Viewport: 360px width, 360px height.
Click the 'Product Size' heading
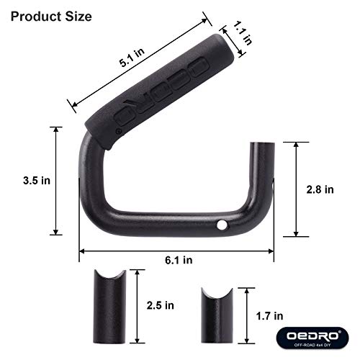click(x=48, y=16)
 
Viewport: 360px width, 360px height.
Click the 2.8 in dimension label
click(x=320, y=190)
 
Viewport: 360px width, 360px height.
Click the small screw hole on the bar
click(x=223, y=227)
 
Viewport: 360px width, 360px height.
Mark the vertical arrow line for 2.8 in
click(x=295, y=189)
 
